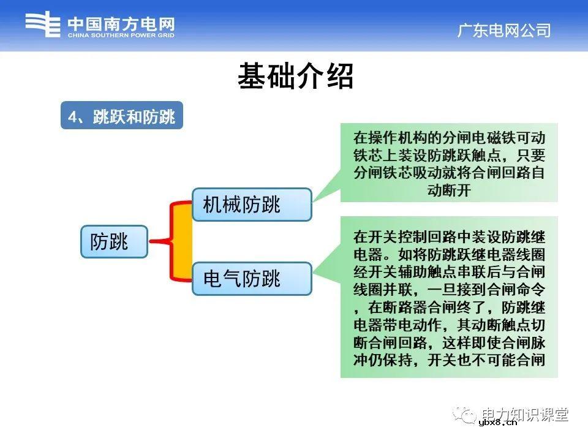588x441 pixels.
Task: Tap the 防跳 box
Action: click(x=114, y=241)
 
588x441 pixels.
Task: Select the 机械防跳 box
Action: click(x=251, y=205)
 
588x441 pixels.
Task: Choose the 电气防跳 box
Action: click(x=251, y=279)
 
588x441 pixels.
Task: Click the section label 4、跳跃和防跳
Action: click(x=122, y=116)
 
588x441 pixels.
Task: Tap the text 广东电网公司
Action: click(x=503, y=31)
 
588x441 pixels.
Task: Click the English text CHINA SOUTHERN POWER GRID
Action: click(x=121, y=36)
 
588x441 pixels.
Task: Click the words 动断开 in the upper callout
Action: click(x=449, y=190)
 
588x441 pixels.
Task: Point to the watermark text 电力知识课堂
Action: click(x=525, y=414)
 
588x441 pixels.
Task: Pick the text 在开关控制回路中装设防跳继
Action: click(x=449, y=236)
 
